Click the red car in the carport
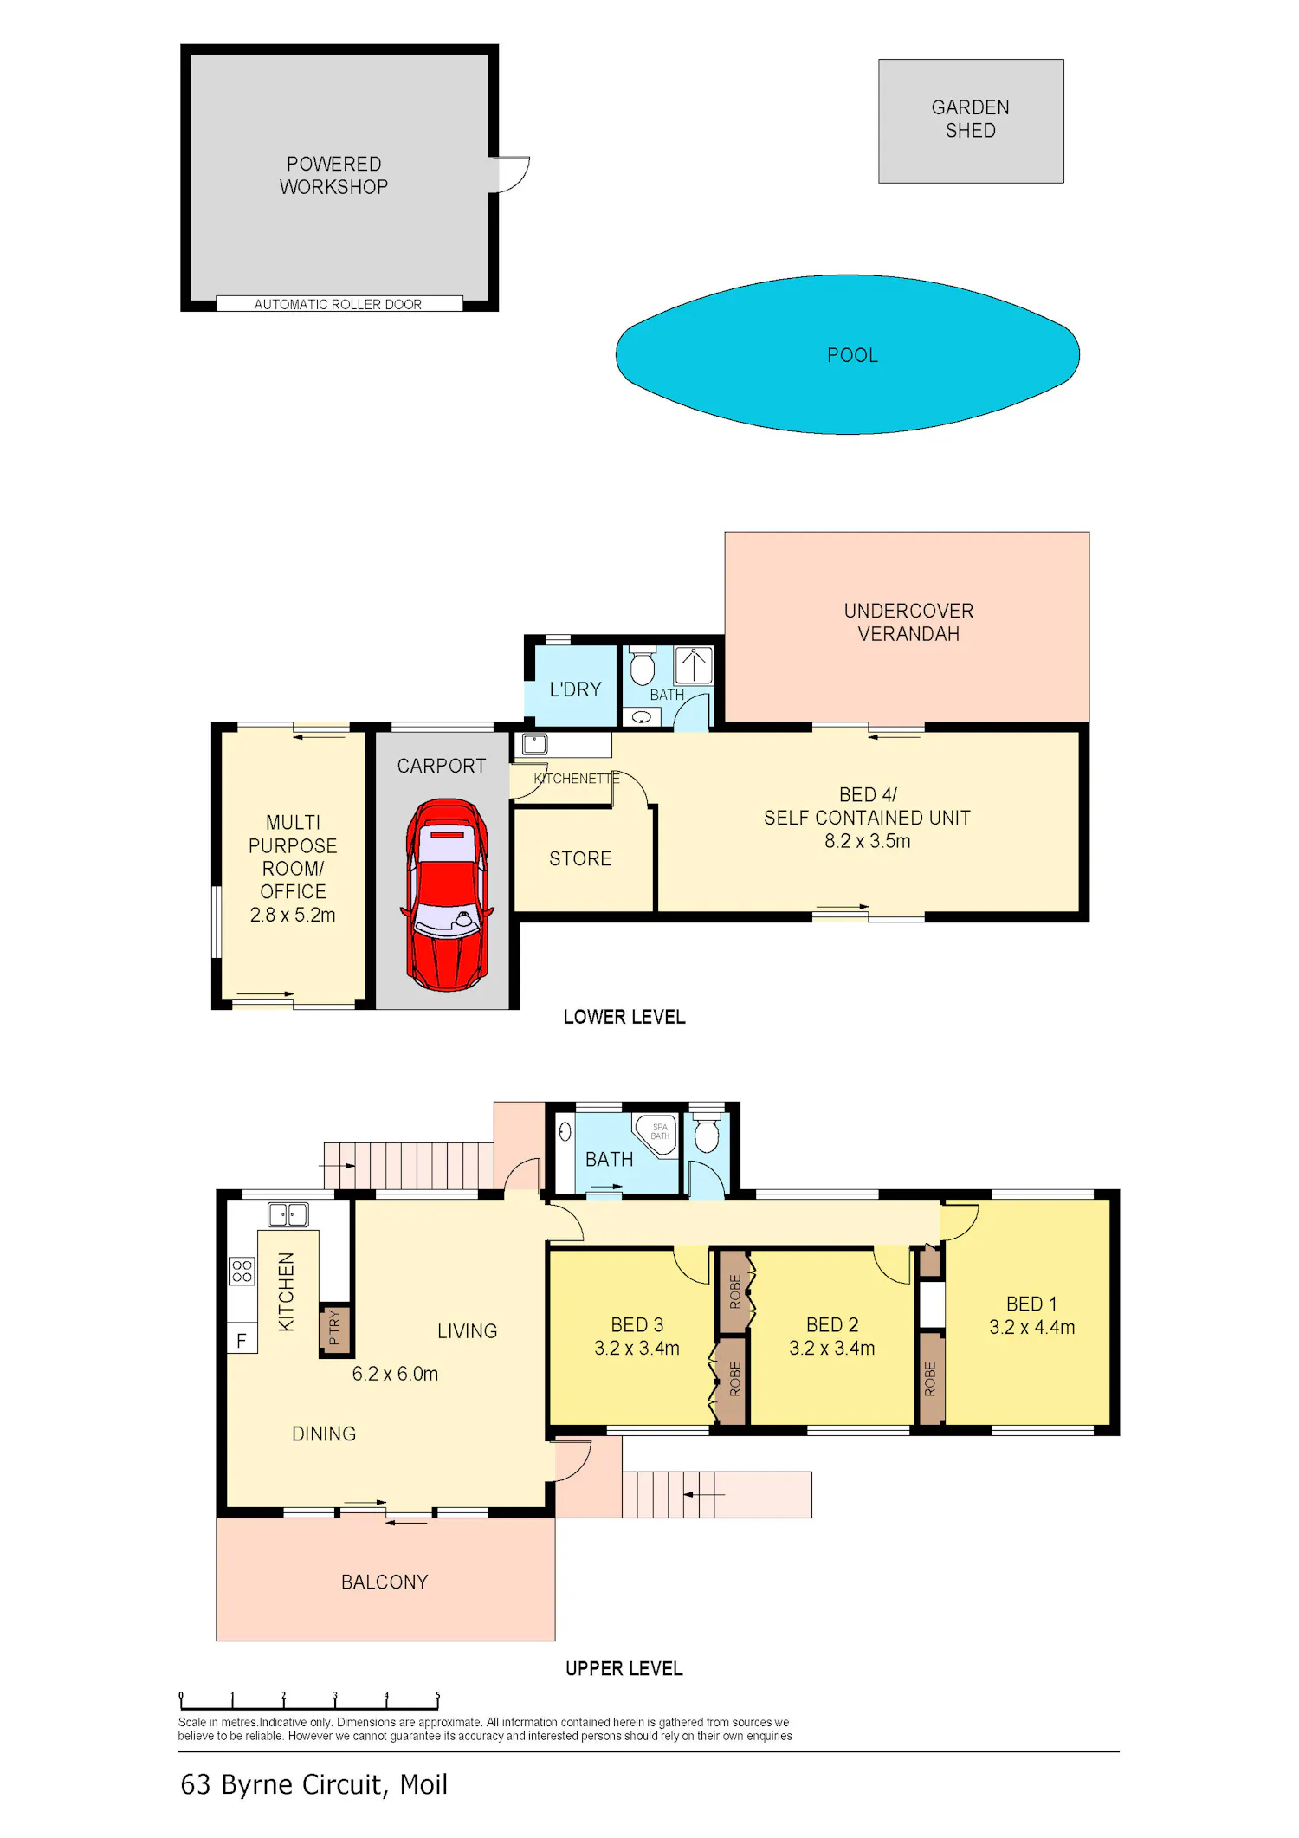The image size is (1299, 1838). pos(447,896)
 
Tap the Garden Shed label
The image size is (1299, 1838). pos(970,119)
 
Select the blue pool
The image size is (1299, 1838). pos(847,354)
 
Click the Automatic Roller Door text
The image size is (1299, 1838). pos(338,304)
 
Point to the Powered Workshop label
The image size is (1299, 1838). pos(333,175)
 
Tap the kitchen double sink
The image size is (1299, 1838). pos(288,1214)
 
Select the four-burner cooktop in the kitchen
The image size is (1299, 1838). pos(242,1271)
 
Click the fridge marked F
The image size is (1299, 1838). pos(242,1341)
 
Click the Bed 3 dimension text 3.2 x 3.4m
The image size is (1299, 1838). pos(637,1348)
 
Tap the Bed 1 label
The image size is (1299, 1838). pos(1031,1304)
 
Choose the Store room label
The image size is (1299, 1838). pos(580,858)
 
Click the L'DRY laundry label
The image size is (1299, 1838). pos(575,689)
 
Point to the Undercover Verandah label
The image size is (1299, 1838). pos(908,622)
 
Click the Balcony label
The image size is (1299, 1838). pos(385,1582)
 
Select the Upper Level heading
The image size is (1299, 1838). pos(624,1668)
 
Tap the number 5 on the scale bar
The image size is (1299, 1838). pos(437,1695)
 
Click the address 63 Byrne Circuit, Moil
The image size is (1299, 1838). pos(313,1784)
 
